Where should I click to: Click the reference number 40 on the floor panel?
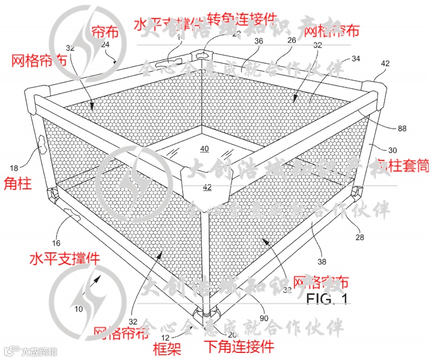click(204, 149)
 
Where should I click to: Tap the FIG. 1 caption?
click(327, 298)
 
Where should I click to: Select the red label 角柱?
click(17, 183)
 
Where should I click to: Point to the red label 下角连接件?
click(239, 347)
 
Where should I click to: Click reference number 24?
click(106, 44)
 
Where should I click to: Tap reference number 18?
click(14, 167)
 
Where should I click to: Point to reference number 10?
click(79, 308)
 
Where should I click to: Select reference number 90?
click(264, 318)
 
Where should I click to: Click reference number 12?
click(166, 337)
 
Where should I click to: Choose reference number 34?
click(355, 60)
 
